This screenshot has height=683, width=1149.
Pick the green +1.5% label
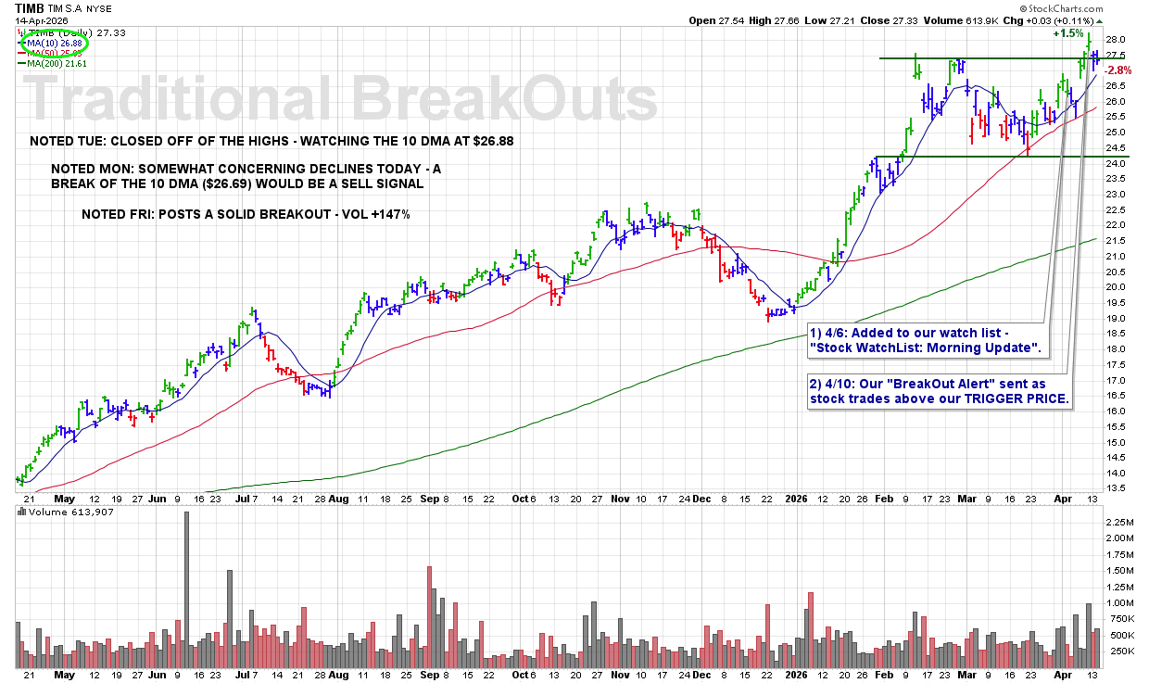[x=1067, y=33]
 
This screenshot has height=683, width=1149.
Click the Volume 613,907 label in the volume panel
[x=61, y=512]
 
